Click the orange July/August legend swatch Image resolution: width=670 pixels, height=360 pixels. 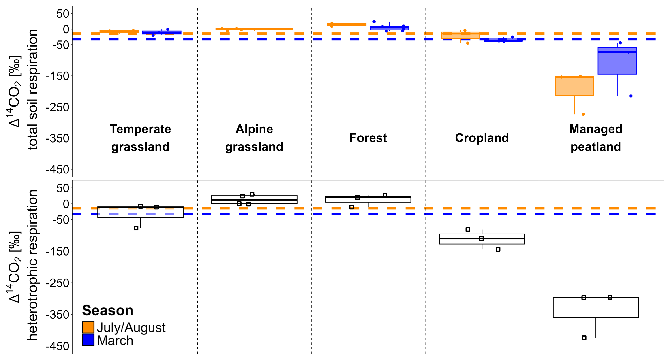tap(88, 327)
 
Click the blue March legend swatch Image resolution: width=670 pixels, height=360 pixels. tap(88, 340)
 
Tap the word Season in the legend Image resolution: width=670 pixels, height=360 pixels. tap(107, 310)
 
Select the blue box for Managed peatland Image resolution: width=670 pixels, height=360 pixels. tap(617, 61)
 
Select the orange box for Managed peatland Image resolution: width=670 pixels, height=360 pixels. tap(574, 86)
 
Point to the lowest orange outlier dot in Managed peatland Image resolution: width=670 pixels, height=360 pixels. tap(583, 114)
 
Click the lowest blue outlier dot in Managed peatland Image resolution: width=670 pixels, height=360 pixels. tap(631, 96)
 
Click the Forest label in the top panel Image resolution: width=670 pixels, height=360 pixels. tap(368, 138)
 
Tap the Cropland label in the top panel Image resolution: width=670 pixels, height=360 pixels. tap(482, 138)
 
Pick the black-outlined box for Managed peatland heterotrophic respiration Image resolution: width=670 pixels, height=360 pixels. tap(596, 307)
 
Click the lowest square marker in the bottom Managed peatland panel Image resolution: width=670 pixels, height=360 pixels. tap(584, 338)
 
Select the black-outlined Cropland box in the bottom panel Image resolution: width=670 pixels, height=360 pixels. tap(482, 239)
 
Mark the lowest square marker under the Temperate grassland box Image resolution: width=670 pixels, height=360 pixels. tap(136, 228)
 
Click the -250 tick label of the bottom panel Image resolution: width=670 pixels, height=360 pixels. tap(58, 283)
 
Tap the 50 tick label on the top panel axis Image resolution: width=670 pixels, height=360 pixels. tap(63, 14)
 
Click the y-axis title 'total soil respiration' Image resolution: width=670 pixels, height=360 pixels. tap(33, 90)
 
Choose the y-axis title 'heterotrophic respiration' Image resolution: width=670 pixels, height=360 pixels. tap(33, 265)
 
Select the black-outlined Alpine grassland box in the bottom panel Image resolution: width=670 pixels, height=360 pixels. tap(254, 200)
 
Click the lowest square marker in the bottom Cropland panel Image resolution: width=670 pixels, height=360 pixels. tap(498, 249)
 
